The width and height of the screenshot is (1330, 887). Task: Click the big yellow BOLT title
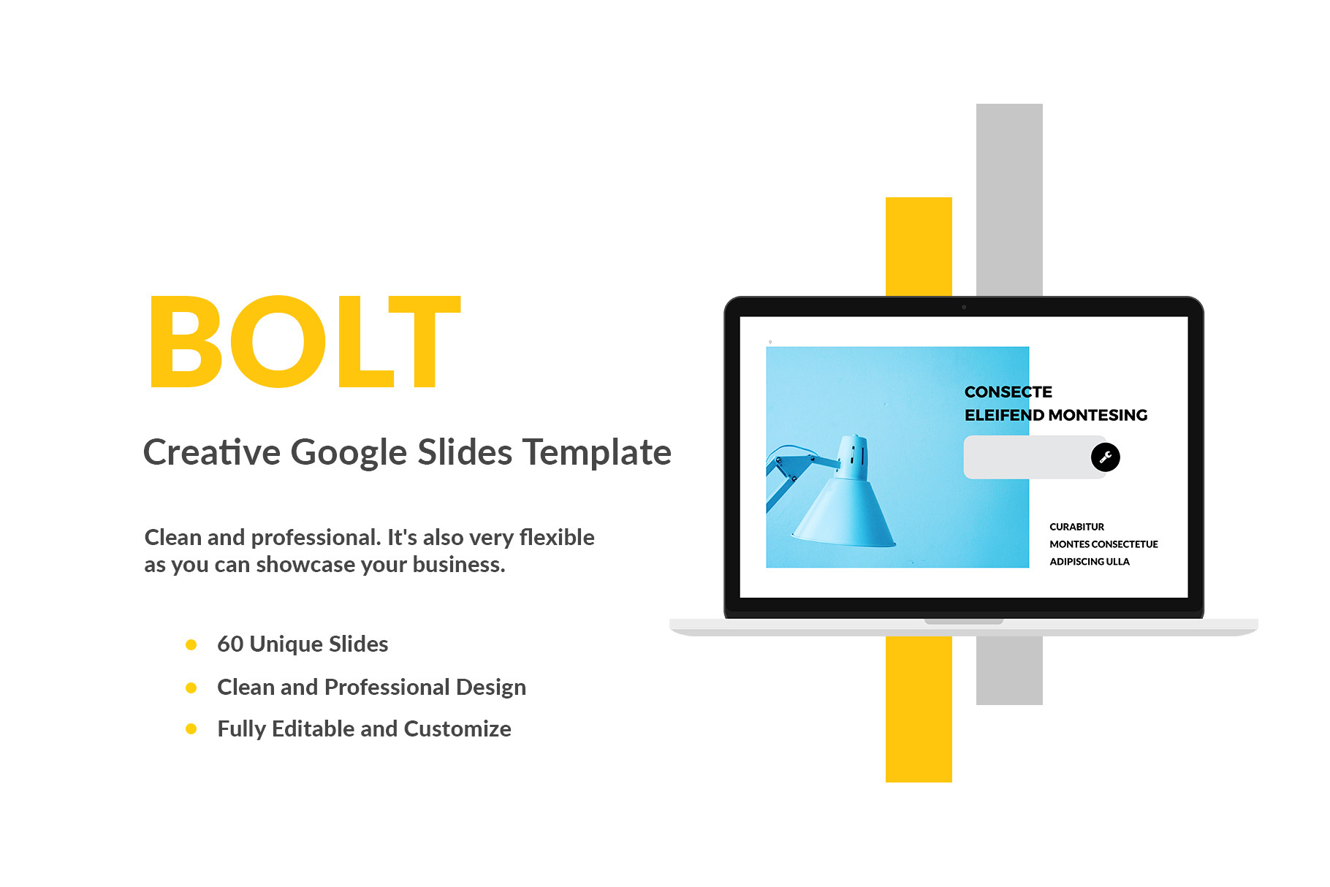click(305, 342)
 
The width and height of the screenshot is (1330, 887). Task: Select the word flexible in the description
click(557, 537)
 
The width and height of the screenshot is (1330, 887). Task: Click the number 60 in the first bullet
click(230, 644)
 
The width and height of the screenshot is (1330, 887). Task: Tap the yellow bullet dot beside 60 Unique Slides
click(191, 644)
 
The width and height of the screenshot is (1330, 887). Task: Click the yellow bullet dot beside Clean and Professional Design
click(191, 688)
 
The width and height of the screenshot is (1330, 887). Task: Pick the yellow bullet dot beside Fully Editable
click(191, 728)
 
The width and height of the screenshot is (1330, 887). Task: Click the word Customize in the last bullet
click(457, 728)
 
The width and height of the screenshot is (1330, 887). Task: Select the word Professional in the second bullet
click(387, 687)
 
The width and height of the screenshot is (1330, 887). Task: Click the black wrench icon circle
click(1105, 457)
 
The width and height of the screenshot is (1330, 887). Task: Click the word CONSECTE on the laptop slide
click(1008, 392)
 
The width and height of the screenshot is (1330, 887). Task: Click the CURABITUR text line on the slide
click(1077, 527)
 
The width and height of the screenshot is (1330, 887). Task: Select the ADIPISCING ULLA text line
click(1090, 562)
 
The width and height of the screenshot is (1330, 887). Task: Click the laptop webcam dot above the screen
click(964, 307)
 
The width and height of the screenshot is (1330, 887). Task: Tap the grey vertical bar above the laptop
click(1009, 199)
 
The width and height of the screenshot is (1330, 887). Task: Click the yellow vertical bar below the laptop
click(919, 709)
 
